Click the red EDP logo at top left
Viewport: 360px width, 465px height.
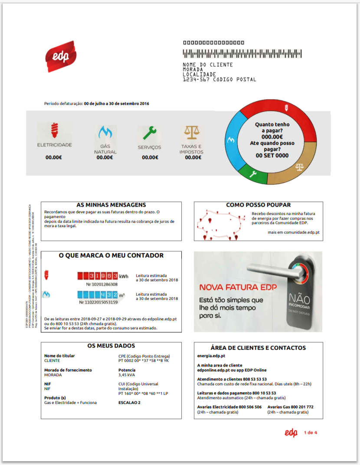tap(61, 57)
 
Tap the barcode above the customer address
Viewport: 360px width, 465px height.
tap(242, 54)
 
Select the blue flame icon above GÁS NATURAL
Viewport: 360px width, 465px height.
tap(105, 132)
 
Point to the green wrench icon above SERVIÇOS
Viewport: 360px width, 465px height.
tap(150, 132)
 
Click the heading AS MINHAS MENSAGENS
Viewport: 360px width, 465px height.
tap(111, 205)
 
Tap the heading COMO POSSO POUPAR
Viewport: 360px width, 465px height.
tap(259, 205)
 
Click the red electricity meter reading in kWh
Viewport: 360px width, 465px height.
tap(98, 276)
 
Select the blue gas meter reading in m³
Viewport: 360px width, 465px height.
tap(98, 295)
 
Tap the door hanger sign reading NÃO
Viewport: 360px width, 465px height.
tap(301, 300)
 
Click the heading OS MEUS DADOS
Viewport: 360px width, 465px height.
tap(111, 346)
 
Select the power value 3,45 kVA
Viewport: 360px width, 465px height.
tap(127, 375)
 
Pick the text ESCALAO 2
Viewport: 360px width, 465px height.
tap(129, 403)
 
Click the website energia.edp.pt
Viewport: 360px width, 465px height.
tap(211, 356)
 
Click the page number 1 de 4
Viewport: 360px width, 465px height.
tap(311, 432)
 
